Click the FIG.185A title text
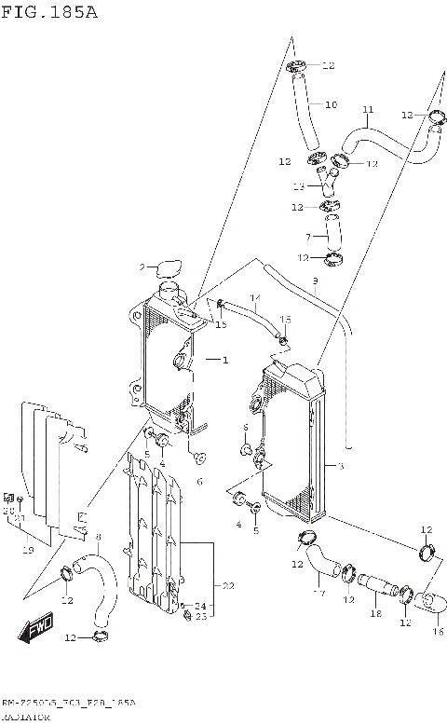[49, 12]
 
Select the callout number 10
[331, 105]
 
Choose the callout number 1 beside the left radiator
[223, 360]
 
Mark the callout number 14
[255, 298]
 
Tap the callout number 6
[198, 481]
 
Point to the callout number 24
[199, 605]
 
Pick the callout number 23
[200, 616]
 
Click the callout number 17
[318, 594]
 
